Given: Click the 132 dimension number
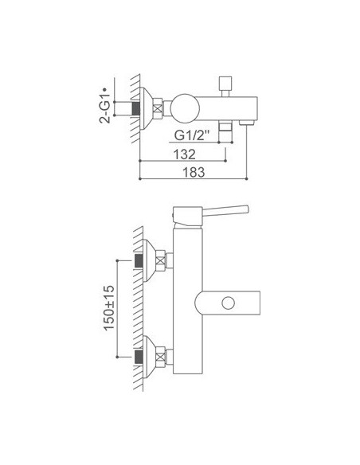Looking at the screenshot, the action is [185, 154].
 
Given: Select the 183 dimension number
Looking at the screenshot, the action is [194, 172].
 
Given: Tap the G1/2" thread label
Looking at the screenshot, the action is [192, 135].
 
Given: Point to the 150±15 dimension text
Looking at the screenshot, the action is [109, 307].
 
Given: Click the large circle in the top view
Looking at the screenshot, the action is [185, 108].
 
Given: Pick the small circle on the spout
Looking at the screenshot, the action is [228, 303].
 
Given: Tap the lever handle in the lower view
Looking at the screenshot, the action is [225, 210].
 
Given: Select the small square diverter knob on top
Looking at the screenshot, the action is [225, 84].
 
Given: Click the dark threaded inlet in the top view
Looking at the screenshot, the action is [136, 108].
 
